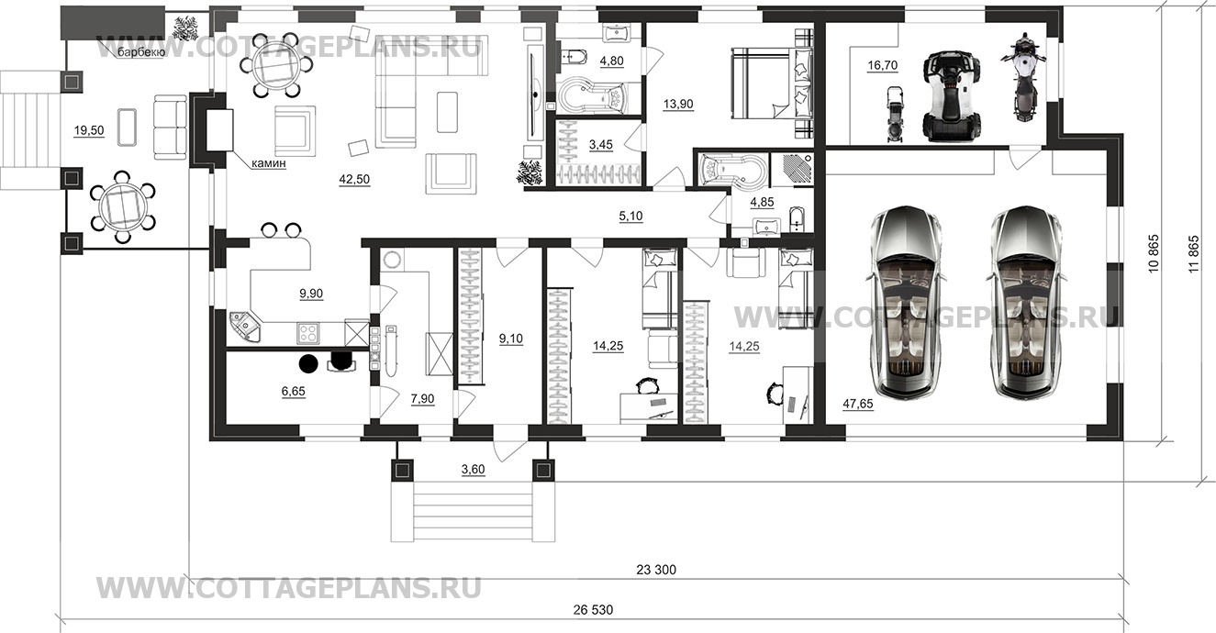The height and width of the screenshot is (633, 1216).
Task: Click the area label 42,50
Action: pyautogui.click(x=354, y=179)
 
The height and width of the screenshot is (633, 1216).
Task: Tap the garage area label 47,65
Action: pyautogui.click(x=858, y=404)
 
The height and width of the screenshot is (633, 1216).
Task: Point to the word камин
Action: pyautogui.click(x=269, y=163)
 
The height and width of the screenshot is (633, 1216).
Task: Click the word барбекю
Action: pyautogui.click(x=141, y=52)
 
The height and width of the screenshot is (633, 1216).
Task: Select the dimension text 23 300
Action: pyautogui.click(x=656, y=570)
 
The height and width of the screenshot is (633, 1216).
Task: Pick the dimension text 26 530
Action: pyautogui.click(x=594, y=610)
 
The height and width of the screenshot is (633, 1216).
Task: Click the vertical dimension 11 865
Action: pyautogui.click(x=1193, y=253)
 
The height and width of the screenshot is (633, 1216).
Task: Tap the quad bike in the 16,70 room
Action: pyautogui.click(x=952, y=95)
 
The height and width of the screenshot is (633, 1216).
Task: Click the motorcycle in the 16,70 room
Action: pyautogui.click(x=1024, y=76)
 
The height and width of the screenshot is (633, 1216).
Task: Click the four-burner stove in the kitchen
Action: pyautogui.click(x=307, y=333)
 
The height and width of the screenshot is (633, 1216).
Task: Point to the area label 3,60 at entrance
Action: pyautogui.click(x=473, y=470)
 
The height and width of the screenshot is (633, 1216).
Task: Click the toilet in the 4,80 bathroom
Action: pyautogui.click(x=575, y=58)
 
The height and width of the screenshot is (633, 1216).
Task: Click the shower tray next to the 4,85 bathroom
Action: pyautogui.click(x=792, y=171)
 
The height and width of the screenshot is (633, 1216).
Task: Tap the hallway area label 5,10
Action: pyautogui.click(x=630, y=217)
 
